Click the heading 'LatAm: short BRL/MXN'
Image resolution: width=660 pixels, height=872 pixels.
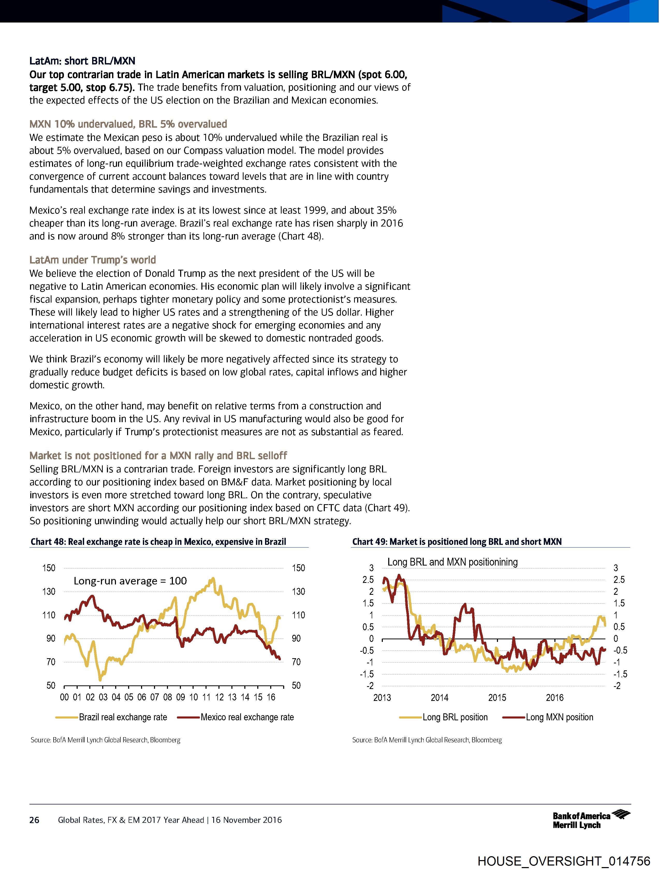pos(82,61)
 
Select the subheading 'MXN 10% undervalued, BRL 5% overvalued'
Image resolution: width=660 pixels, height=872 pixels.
pos(128,124)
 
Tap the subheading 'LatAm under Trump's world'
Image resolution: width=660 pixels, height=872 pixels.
pos(93,260)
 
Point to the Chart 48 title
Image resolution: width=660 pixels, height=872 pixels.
pos(158,542)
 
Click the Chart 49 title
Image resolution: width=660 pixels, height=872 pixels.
pos(457,542)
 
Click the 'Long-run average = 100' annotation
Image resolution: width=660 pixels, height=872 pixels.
pos(130,581)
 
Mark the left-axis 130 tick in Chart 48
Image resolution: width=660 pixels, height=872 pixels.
pos(49,591)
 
